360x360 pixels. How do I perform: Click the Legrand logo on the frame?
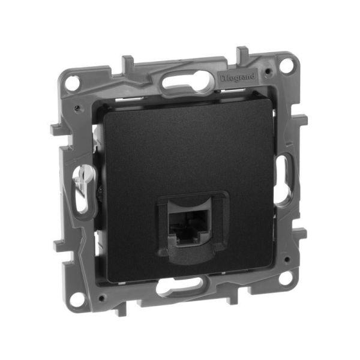pos(239,77)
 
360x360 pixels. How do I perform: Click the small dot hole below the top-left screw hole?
pos(79,109)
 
